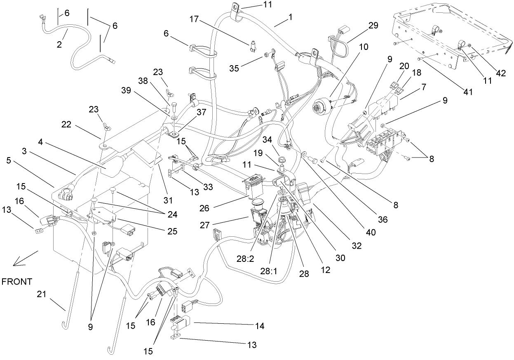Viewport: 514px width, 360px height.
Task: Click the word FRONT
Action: (x=16, y=282)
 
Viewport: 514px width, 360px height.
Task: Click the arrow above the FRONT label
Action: (x=25, y=258)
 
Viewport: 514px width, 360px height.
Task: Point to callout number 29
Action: (x=373, y=25)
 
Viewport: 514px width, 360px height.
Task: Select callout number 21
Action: (x=42, y=294)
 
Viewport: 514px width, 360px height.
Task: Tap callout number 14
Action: (x=259, y=326)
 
